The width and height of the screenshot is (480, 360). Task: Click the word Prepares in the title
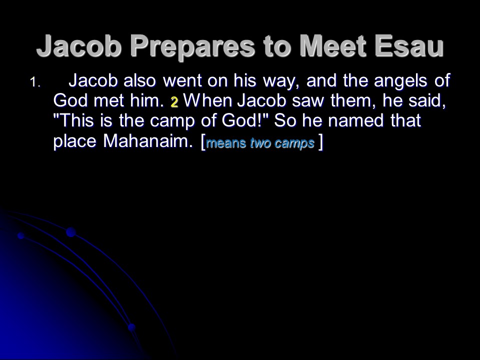pyautogui.click(x=192, y=46)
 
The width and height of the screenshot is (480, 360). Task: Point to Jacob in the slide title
pyautogui.click(x=78, y=46)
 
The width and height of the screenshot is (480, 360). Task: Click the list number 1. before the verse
pyautogui.click(x=35, y=82)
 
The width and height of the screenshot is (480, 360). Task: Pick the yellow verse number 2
pyautogui.click(x=174, y=102)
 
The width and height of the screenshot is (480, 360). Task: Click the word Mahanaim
pyautogui.click(x=148, y=141)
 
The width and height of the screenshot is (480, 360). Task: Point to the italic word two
pyautogui.click(x=259, y=142)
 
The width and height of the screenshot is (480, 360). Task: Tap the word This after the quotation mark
pyautogui.click(x=78, y=120)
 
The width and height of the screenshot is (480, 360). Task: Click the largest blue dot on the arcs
pyautogui.click(x=71, y=232)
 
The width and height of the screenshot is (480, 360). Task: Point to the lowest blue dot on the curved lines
pyautogui.click(x=131, y=327)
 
